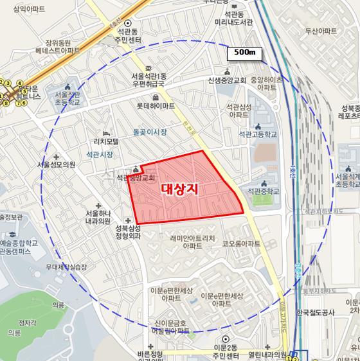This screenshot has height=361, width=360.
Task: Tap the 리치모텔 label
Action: (x=109, y=142)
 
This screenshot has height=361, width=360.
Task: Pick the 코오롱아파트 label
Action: (x=240, y=243)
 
